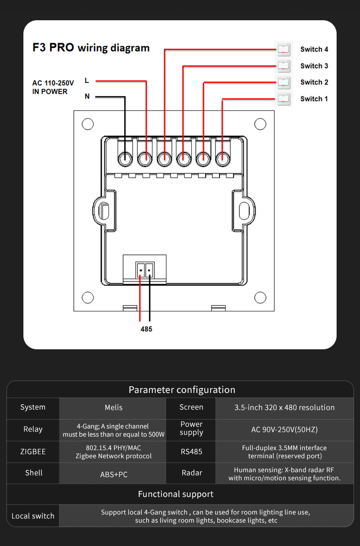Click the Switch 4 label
click(314, 50)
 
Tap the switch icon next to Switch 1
click(283, 99)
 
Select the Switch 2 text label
click(314, 82)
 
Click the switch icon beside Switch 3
click(283, 66)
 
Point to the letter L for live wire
click(87, 81)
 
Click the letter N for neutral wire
click(87, 96)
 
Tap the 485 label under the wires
click(146, 329)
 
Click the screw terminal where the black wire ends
click(124, 158)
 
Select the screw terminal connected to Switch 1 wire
click(222, 158)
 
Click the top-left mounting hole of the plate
click(88, 124)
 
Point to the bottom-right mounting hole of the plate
click(260, 298)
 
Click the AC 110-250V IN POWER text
click(53, 87)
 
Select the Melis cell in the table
click(113, 407)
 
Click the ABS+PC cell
click(113, 474)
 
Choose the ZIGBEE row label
click(33, 451)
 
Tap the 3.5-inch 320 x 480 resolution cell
click(284, 407)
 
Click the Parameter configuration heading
click(182, 390)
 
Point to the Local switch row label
click(33, 516)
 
